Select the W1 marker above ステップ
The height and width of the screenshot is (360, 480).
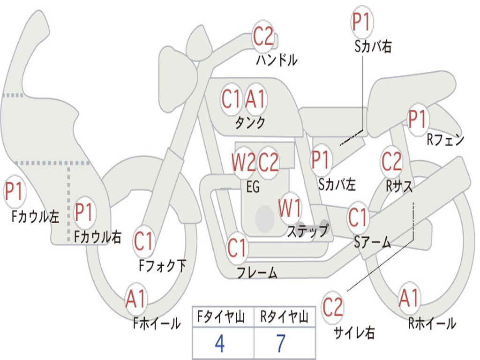pos(290,208)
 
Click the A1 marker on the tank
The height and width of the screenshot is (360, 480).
pos(255,99)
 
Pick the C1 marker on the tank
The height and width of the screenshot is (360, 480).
pos(231,99)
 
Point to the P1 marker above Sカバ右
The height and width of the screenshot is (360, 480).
pos(361,22)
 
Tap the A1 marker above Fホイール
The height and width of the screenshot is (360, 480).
pos(136,299)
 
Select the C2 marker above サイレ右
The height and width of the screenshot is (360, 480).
pos(332,307)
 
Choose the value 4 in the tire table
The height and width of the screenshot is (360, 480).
pos(219,344)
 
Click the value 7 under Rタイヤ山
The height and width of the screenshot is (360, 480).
pos(281,344)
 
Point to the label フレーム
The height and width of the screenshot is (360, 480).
pos(257,272)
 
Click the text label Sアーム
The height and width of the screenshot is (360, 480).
pos(372,242)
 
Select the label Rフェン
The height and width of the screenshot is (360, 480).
pos(445,139)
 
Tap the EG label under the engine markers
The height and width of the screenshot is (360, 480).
pos(253,187)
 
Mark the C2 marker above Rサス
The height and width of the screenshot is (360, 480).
pos(391,162)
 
